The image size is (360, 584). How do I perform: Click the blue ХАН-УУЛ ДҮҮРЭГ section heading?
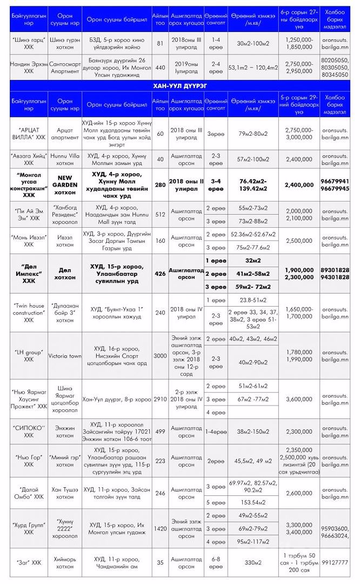180,85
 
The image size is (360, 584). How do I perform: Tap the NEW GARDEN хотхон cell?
65,184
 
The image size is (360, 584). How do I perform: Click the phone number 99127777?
335,562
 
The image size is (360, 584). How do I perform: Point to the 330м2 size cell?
252,562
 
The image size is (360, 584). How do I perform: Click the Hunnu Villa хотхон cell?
65,158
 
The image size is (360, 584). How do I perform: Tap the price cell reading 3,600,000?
299,400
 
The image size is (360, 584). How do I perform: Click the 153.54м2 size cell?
252,502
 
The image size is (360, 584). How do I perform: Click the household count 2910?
160,400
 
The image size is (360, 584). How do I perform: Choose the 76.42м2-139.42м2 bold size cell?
252,184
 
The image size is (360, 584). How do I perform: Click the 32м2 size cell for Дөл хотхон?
252,260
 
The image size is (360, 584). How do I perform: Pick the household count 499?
160,431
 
